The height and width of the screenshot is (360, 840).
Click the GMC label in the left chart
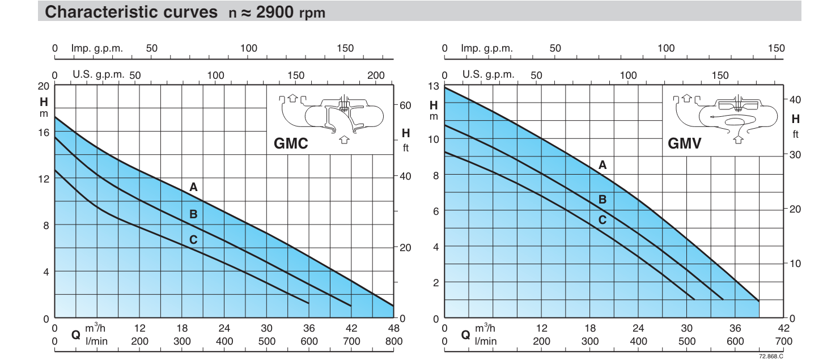[x=291, y=143]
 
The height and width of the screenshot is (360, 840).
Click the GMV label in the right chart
[x=685, y=143]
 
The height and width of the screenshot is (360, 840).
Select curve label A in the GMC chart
[x=193, y=187]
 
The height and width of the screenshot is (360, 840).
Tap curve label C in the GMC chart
[x=193, y=240]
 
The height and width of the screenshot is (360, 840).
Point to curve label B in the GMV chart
[x=603, y=200]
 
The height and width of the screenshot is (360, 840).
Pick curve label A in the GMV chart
[x=603, y=165]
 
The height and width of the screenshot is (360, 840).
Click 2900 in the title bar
[x=276, y=12]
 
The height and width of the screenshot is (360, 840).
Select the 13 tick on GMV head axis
[x=434, y=86]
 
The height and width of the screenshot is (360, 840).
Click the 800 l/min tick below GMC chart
[x=393, y=341]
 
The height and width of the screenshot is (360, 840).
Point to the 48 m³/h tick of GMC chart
[x=393, y=328]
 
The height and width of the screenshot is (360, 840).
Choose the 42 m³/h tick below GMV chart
[x=783, y=328]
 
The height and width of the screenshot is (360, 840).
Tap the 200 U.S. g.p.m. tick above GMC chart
[x=376, y=75]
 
